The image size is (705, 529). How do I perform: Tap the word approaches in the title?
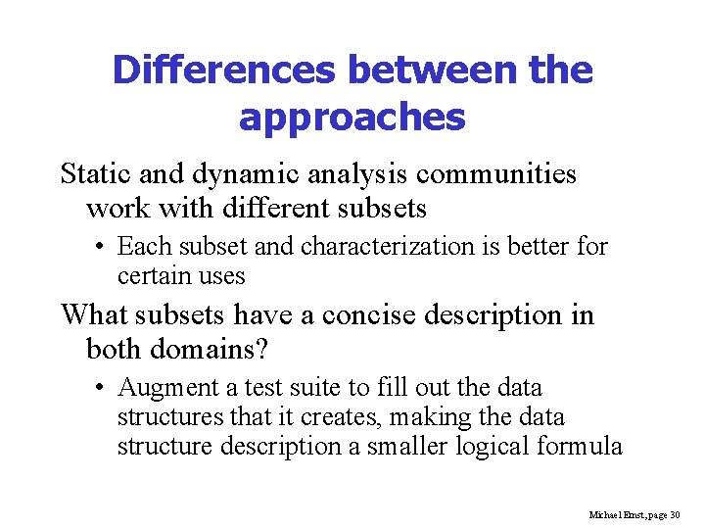(x=352, y=118)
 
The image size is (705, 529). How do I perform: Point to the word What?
(x=93, y=315)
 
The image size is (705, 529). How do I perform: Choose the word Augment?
(x=164, y=388)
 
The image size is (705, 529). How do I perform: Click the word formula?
(x=584, y=447)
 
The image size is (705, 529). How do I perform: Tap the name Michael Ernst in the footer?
(x=613, y=513)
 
